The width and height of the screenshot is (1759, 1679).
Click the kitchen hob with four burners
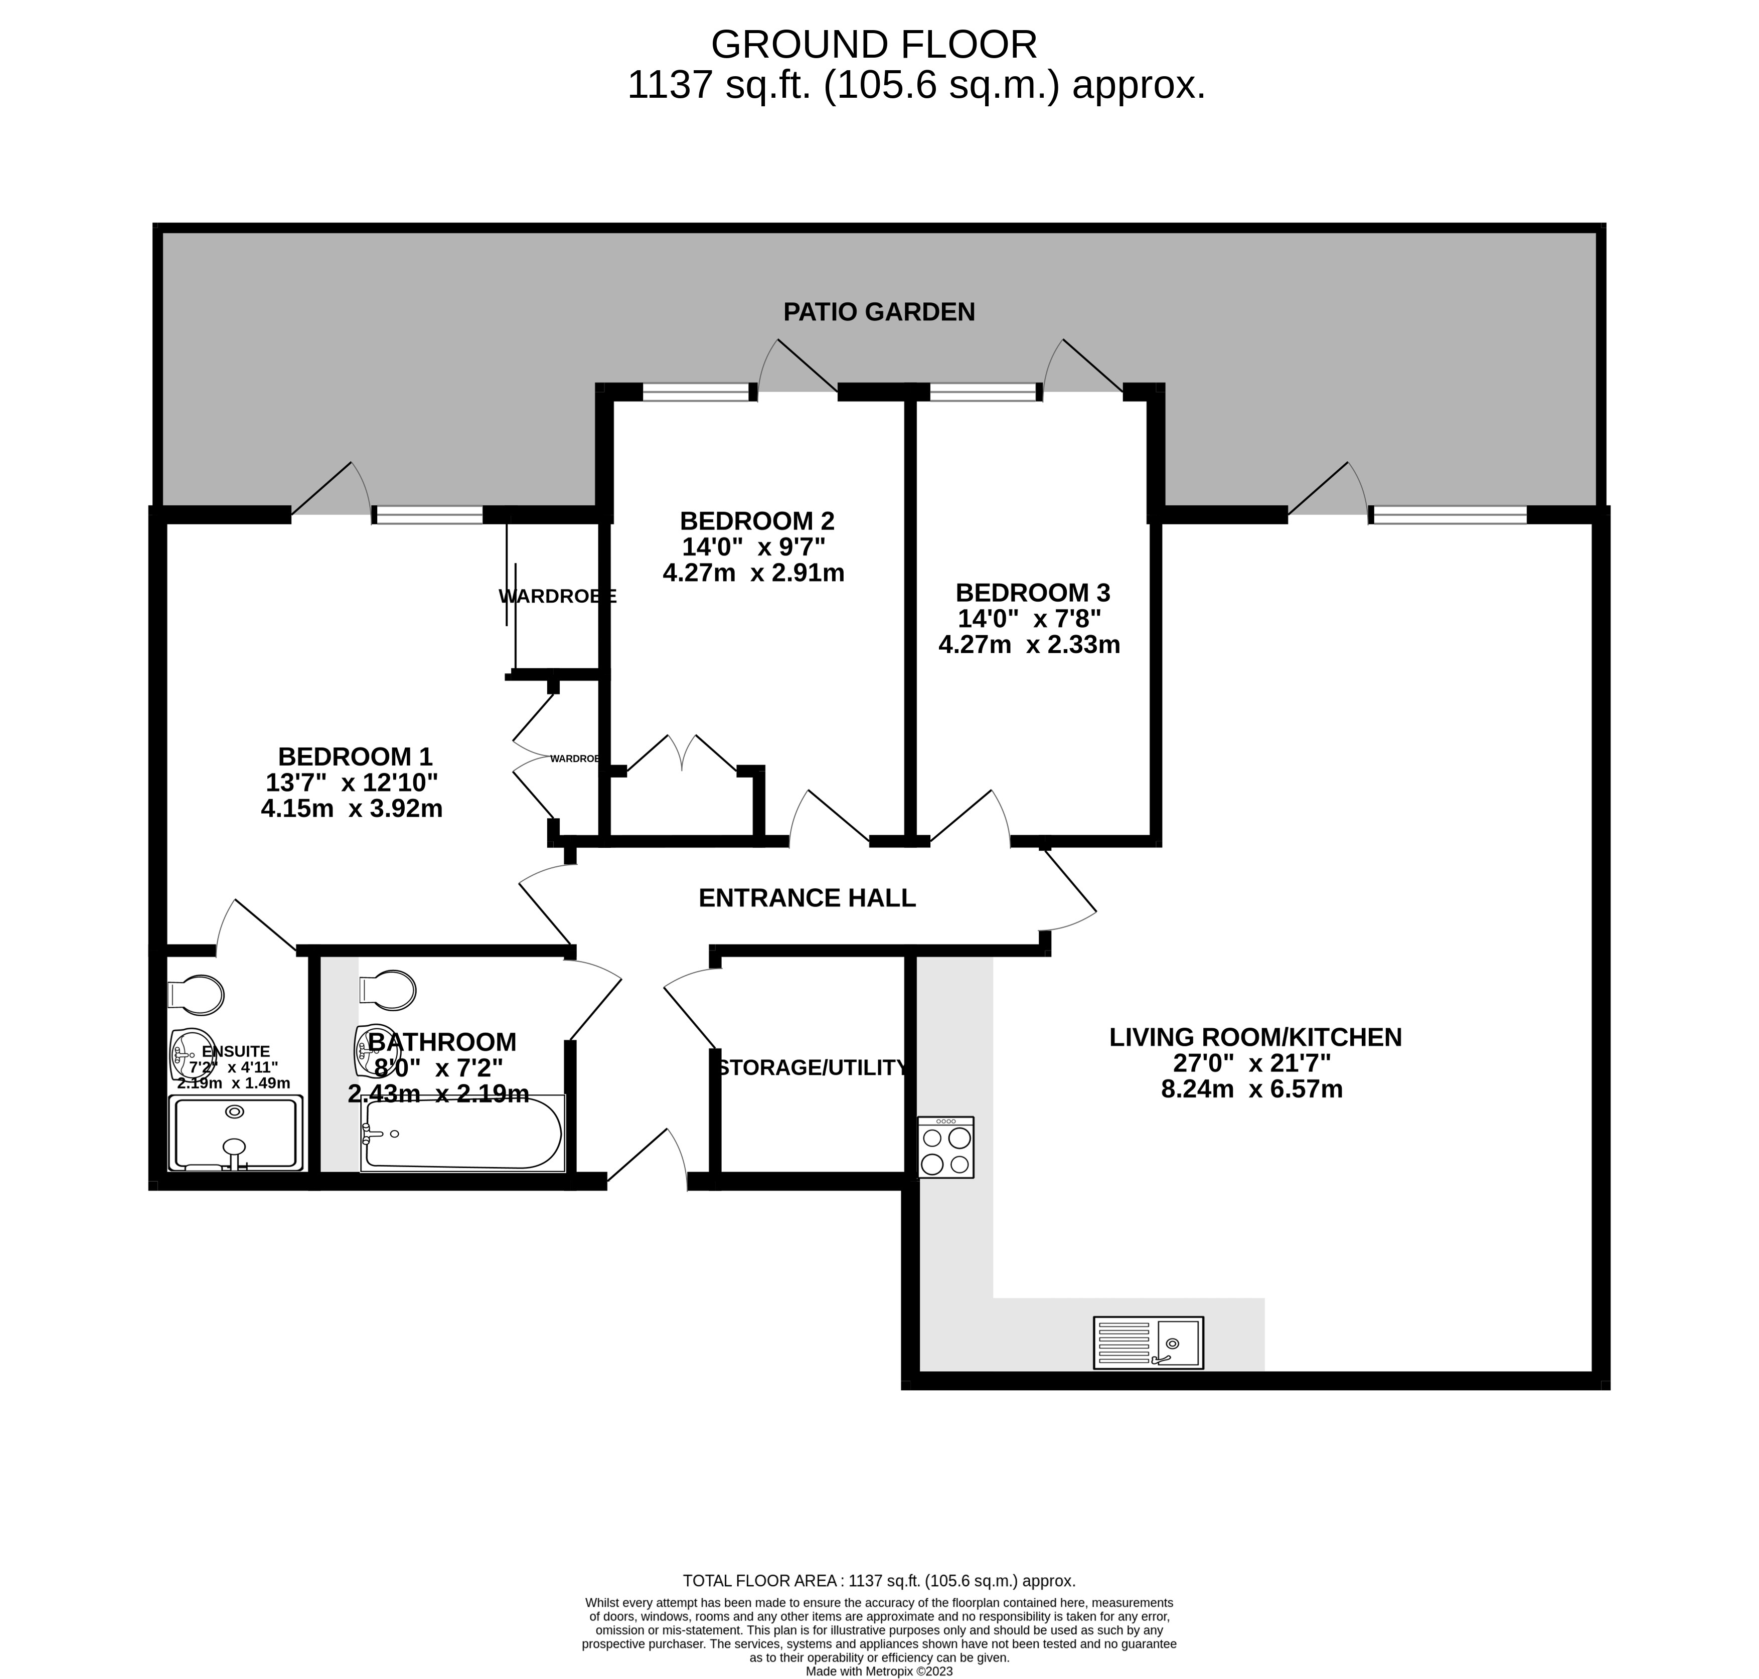945,1147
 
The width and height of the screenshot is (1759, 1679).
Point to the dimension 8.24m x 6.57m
1251,1089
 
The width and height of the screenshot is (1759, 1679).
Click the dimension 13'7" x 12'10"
352,782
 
